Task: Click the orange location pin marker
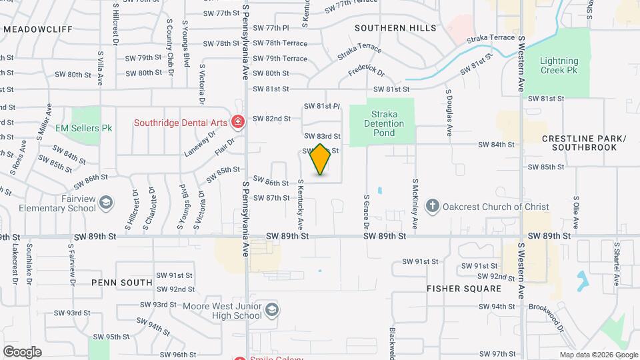(x=320, y=159)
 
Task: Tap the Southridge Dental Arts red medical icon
(x=237, y=121)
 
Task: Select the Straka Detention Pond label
(x=384, y=123)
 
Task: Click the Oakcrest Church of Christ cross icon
(x=432, y=207)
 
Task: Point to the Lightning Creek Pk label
(x=559, y=65)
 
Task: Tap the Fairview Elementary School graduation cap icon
(x=105, y=202)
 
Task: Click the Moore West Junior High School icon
(x=271, y=309)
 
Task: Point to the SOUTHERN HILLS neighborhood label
(x=395, y=28)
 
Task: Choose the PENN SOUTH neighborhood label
(x=122, y=283)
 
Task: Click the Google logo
(x=22, y=351)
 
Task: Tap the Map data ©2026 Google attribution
(x=598, y=355)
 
